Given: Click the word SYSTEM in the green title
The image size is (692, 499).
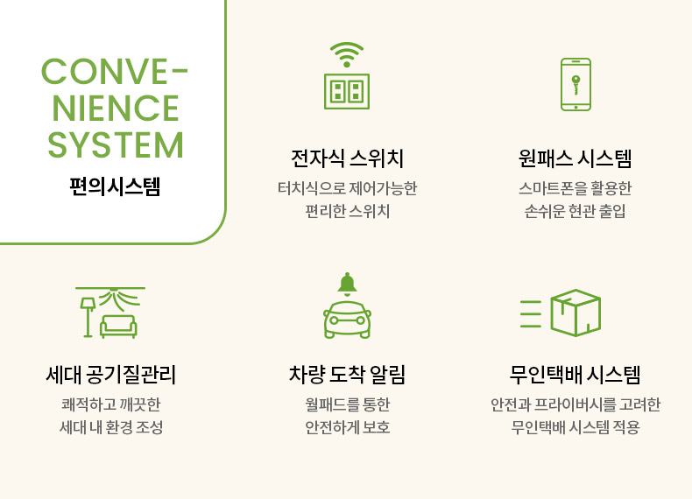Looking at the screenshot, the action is click(x=115, y=144).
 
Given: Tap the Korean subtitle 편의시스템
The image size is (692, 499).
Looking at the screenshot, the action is click(x=115, y=186).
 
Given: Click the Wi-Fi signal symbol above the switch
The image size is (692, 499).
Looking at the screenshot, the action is click(x=347, y=54).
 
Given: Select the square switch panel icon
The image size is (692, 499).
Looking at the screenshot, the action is click(x=347, y=91).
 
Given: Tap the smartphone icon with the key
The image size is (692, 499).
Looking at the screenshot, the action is click(x=575, y=84).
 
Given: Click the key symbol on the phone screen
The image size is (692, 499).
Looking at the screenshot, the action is click(x=575, y=84).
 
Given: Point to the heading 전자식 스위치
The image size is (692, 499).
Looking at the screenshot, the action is click(x=347, y=158).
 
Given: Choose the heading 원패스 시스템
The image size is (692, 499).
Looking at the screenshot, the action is click(x=575, y=158).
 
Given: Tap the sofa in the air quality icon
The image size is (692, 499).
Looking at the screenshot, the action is click(x=118, y=327).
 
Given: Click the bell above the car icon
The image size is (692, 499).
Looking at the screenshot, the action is click(x=348, y=284).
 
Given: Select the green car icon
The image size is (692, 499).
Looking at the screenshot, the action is click(x=348, y=320).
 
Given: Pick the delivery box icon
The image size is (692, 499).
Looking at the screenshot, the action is click(x=575, y=313).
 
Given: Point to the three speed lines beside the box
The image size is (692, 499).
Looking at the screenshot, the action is click(x=531, y=313).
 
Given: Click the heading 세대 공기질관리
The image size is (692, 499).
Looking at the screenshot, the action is click(x=110, y=375).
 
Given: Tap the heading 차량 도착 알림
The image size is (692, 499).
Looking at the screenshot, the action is click(x=347, y=375).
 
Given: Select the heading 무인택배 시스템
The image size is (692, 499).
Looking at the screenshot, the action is click(x=575, y=375).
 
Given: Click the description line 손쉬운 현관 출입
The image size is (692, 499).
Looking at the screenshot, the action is click(x=575, y=211).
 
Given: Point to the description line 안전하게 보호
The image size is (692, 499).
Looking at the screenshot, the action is click(x=348, y=427).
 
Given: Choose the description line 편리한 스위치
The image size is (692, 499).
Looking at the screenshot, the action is click(x=348, y=211).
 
